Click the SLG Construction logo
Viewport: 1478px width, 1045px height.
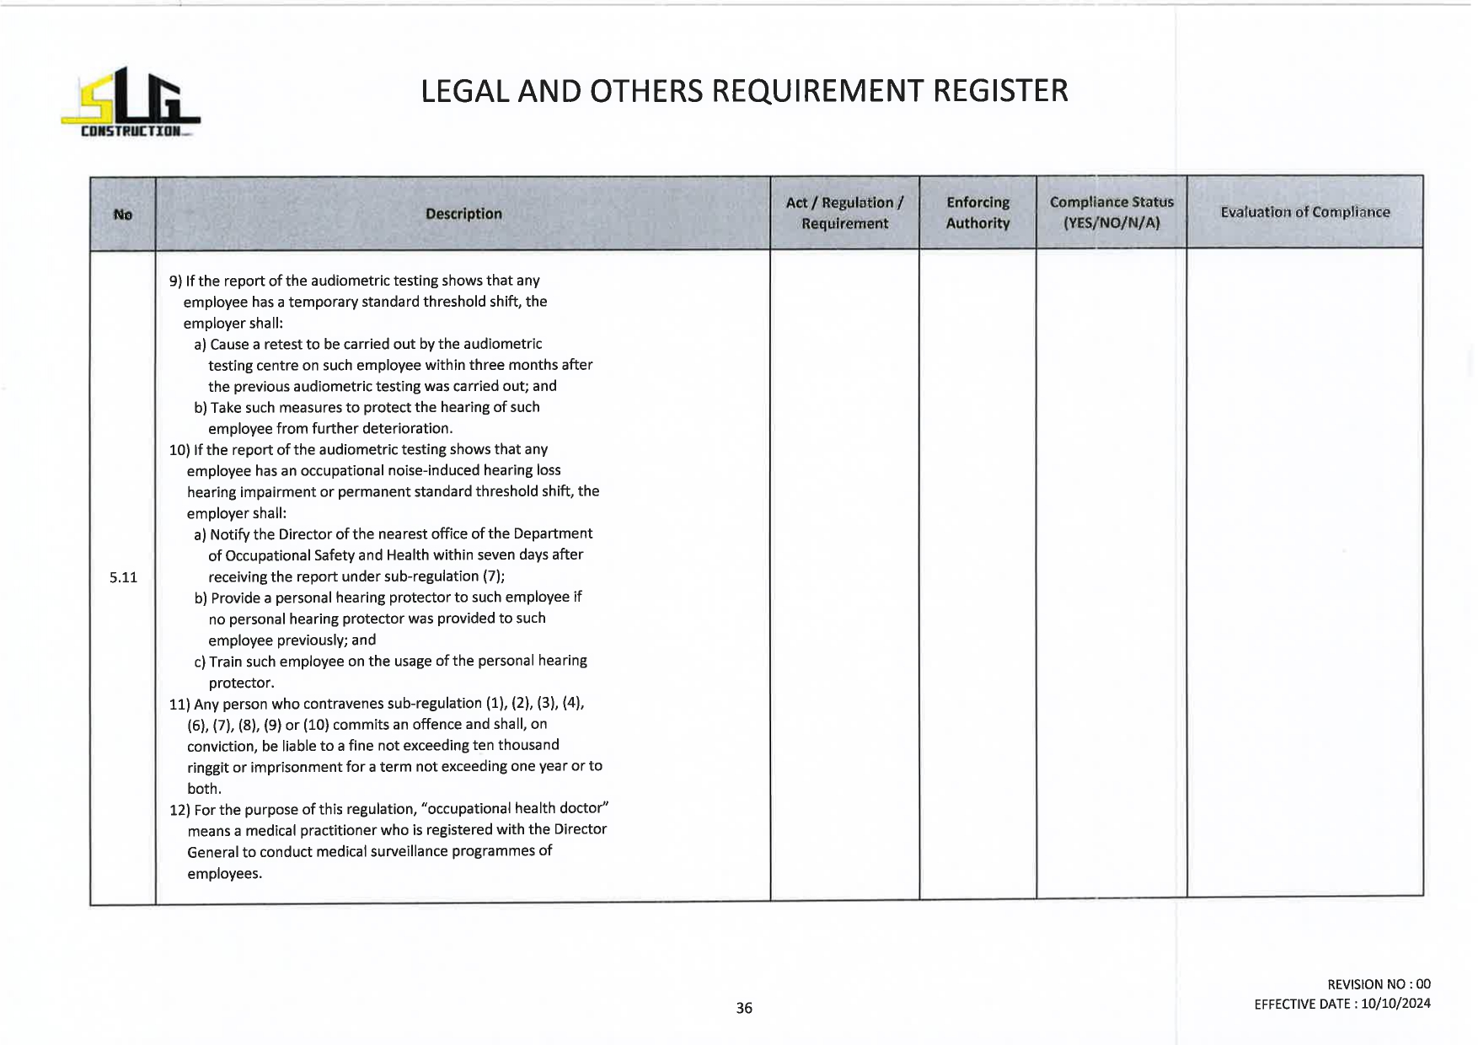(131, 102)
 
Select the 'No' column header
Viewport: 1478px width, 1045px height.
(123, 215)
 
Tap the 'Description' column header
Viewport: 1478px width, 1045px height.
(463, 214)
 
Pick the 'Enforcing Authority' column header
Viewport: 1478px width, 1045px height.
(977, 213)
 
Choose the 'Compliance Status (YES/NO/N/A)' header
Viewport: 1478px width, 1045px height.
(1111, 213)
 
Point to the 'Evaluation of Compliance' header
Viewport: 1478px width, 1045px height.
(1304, 212)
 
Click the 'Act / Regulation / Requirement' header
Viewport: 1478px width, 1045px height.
(844, 213)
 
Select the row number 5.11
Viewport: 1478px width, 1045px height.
(123, 577)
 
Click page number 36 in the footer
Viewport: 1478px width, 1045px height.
(744, 1008)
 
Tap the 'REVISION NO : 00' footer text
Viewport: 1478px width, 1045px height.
(1379, 984)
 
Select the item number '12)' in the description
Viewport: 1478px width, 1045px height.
(179, 810)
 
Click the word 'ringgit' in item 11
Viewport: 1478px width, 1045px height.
(207, 767)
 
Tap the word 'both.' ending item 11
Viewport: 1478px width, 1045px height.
(204, 789)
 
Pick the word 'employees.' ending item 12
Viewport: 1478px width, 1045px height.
(224, 874)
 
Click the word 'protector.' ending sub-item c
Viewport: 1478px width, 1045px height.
(241, 683)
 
